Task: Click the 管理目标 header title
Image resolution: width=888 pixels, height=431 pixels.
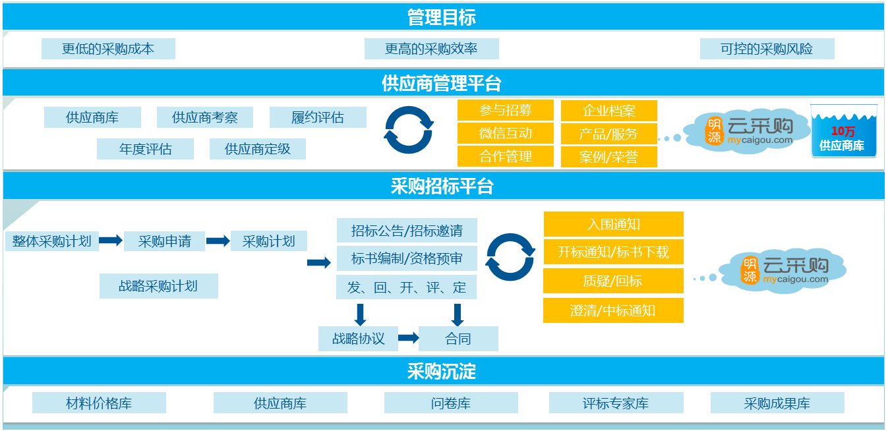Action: pos(442,17)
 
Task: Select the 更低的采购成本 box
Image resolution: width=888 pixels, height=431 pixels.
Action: pos(108,49)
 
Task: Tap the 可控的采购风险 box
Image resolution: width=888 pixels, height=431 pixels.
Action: pos(767,49)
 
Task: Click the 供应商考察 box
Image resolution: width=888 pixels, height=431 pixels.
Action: pos(204,118)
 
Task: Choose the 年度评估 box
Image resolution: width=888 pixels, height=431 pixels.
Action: pos(145,149)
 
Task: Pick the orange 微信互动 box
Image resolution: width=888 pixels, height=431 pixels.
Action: pos(505,133)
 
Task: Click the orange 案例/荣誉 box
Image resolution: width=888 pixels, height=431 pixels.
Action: pos(608,157)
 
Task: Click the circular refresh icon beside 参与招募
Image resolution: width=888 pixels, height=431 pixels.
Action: pos(409,130)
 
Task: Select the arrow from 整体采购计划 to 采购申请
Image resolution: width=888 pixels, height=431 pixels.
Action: pos(111,241)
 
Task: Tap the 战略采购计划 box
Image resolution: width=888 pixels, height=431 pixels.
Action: pos(158,286)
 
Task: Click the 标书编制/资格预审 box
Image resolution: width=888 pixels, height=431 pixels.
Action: pos(406,258)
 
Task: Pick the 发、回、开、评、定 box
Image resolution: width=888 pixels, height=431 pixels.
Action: pos(406,287)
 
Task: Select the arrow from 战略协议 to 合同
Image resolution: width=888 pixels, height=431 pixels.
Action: pos(408,338)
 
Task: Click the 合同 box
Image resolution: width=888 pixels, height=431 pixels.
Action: pos(458,339)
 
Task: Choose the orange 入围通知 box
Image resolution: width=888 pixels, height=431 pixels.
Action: pos(613,224)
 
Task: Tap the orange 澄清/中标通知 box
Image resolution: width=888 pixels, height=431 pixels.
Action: pos(613,310)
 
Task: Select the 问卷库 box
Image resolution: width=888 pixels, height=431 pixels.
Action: pos(451,403)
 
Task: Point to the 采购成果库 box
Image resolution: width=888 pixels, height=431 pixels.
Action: pos(777,403)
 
